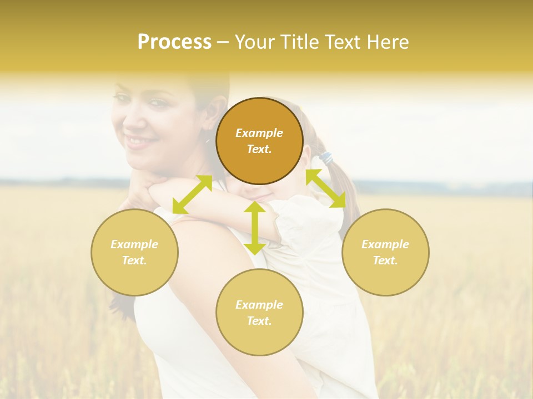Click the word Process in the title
tap(174, 42)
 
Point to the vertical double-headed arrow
tap(255, 228)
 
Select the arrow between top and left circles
tap(192, 194)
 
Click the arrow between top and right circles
tap(325, 189)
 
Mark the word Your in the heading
tap(255, 42)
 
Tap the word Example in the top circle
tap(259, 133)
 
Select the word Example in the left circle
tap(134, 244)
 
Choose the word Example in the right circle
tap(385, 244)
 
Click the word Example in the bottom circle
tap(259, 305)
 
